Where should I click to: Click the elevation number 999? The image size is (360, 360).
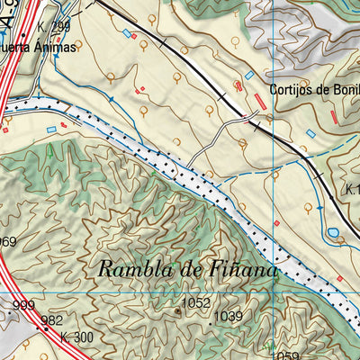tap(24, 306)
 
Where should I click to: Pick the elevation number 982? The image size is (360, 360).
tap(51, 320)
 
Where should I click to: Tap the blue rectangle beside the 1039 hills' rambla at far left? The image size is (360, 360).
tap(51, 130)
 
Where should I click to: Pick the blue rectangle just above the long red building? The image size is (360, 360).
tap(249, 76)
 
